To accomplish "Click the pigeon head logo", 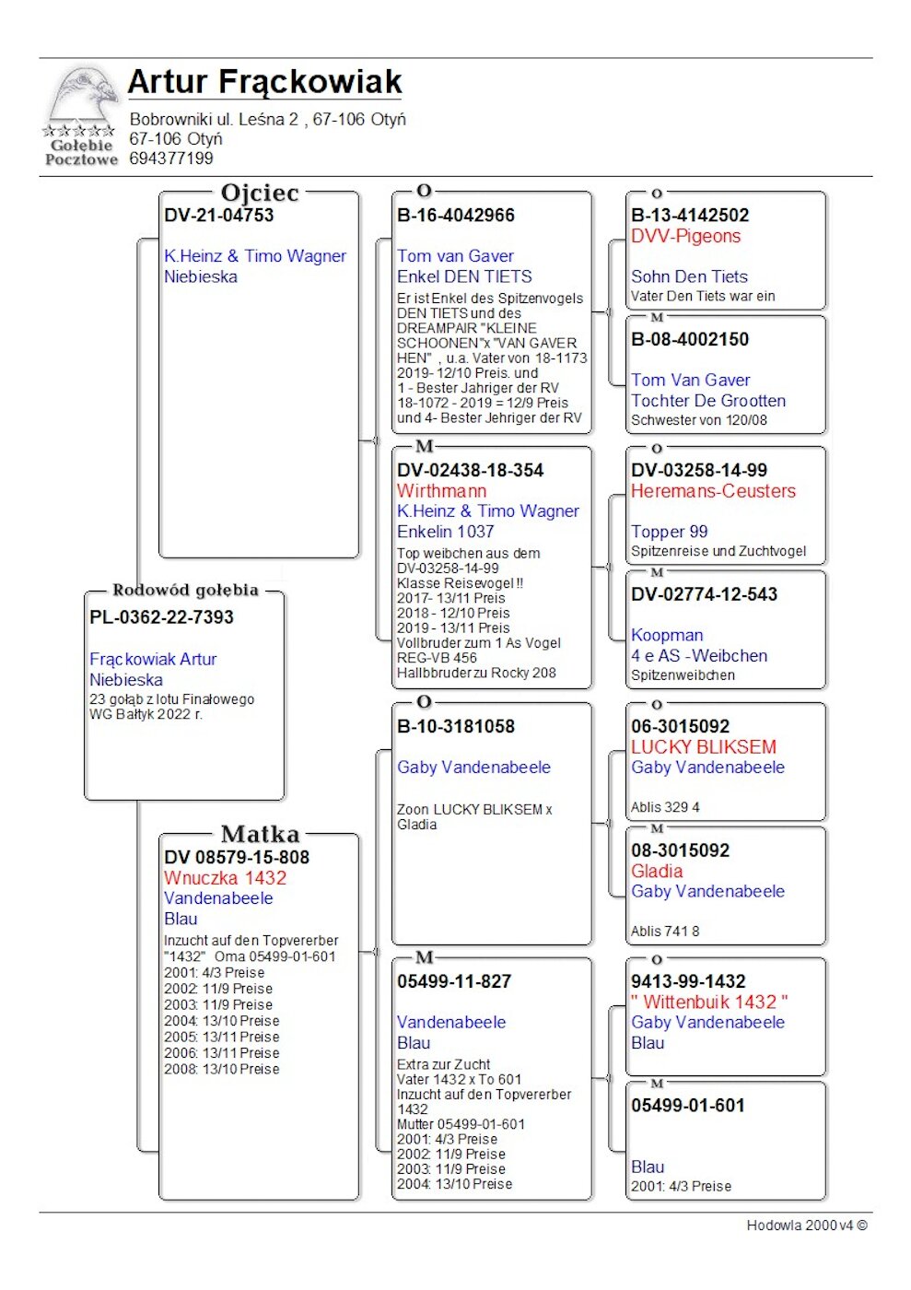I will (x=83, y=97).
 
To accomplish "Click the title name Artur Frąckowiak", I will (x=264, y=82).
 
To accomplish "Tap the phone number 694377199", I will (x=171, y=158).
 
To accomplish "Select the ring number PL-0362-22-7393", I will (x=161, y=617).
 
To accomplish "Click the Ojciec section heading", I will (x=260, y=193).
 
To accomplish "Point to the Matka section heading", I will (x=260, y=834).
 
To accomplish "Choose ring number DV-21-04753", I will (x=219, y=216).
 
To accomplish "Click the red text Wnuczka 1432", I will (x=225, y=878).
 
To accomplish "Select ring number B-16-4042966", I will (x=456, y=216).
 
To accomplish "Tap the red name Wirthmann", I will (x=441, y=491).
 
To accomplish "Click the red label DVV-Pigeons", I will (x=685, y=237).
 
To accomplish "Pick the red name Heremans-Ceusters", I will (x=713, y=491).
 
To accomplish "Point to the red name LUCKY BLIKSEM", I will (x=703, y=747).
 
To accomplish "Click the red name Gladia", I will (x=657, y=872).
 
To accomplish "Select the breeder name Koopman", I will (x=667, y=636).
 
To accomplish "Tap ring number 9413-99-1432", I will (x=688, y=982).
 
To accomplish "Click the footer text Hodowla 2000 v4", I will (x=806, y=1225).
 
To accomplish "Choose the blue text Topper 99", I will (x=670, y=532).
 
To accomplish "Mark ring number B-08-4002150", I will (x=690, y=340).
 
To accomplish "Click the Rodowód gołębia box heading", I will (x=185, y=590).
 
